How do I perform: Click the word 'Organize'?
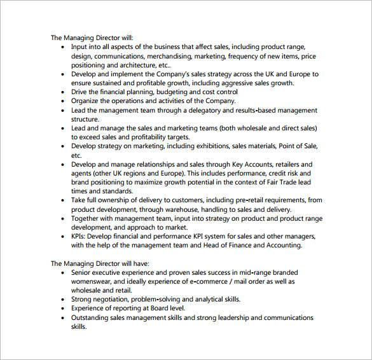[x=86, y=100]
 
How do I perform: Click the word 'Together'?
[x=87, y=219]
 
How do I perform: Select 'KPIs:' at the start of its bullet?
[x=81, y=237]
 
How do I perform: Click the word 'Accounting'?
[x=280, y=246]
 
